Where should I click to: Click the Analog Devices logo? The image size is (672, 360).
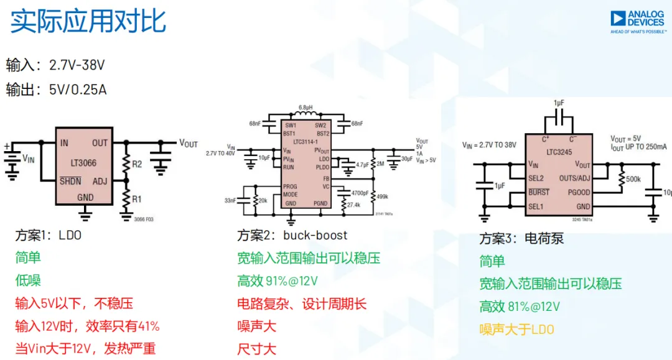coord(637,22)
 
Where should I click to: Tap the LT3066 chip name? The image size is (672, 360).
coord(83,164)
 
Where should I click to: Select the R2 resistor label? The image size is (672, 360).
coord(137,164)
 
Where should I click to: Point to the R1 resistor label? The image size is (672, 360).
coord(137,200)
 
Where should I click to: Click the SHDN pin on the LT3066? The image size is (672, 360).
coord(70,182)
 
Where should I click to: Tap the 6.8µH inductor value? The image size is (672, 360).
coord(306,107)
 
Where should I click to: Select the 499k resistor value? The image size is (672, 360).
coord(383,196)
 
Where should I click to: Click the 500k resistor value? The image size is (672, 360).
coord(633,179)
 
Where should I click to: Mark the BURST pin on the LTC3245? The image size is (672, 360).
coord(539,193)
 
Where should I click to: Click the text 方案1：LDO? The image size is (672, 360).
coord(49,236)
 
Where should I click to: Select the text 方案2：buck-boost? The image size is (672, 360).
coord(292,236)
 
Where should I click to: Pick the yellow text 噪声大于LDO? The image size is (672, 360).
coord(516,330)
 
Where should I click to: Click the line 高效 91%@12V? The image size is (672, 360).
coord(278,281)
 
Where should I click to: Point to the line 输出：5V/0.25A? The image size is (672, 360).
coord(57,90)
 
